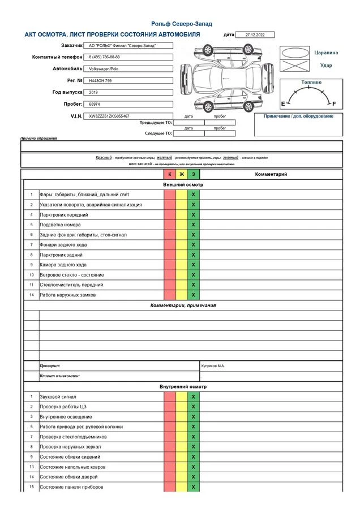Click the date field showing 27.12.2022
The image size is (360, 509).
point(255,35)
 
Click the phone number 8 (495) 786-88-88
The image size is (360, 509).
point(105,57)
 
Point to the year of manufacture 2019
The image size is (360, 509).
point(94,92)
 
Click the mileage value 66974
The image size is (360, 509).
point(95,105)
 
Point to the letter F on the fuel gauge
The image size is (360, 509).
point(334,104)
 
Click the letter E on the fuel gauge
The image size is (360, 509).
point(283,104)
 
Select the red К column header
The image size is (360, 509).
point(170,174)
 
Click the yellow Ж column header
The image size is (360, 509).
point(182,174)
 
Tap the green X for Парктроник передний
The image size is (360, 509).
point(194,215)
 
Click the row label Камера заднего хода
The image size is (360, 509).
point(63,265)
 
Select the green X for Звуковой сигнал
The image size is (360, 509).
point(194,397)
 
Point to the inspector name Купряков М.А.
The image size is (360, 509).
point(213,366)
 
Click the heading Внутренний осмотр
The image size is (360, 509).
point(183,387)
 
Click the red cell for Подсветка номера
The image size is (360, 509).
point(170,225)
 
